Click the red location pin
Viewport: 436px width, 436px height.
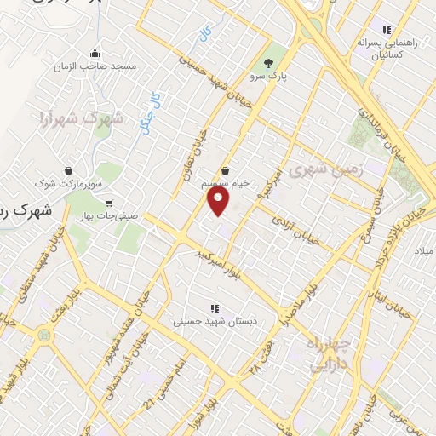pyautogui.click(x=219, y=201)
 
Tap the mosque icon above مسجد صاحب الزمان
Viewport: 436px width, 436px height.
pyautogui.click(x=94, y=53)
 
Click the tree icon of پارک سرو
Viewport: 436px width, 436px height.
pyautogui.click(x=269, y=63)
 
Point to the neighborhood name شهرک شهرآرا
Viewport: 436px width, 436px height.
pyautogui.click(x=82, y=118)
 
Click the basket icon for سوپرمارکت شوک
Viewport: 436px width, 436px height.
pyautogui.click(x=66, y=169)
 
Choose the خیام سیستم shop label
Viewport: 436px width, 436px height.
pyautogui.click(x=230, y=183)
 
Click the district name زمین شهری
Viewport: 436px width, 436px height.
pyautogui.click(x=326, y=169)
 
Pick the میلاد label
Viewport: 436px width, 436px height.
pyautogui.click(x=423, y=252)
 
